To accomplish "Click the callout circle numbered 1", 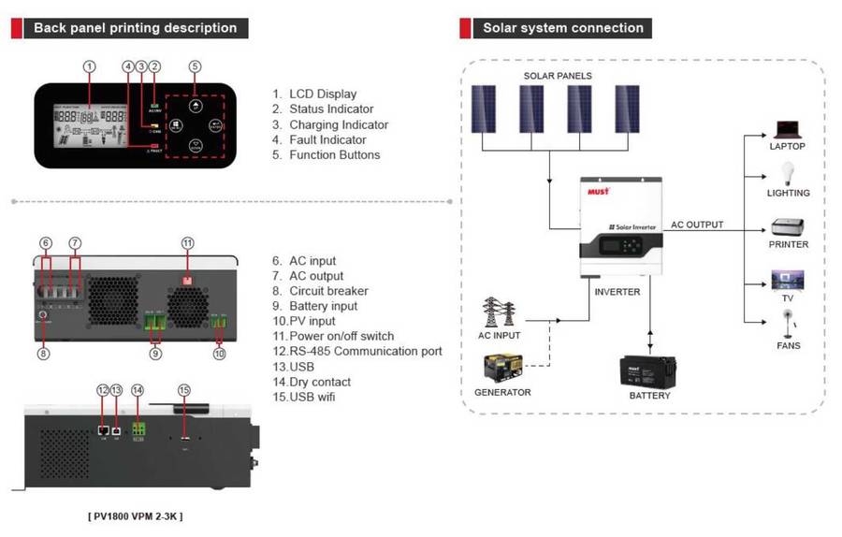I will pyautogui.click(x=89, y=66).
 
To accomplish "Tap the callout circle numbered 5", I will pyautogui.click(x=195, y=66).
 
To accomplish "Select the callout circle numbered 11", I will pyautogui.click(x=187, y=243).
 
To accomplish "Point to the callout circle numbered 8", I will pyautogui.click(x=43, y=354).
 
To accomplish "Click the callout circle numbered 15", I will pyautogui.click(x=183, y=389).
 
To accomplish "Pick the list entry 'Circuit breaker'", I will pyautogui.click(x=323, y=291).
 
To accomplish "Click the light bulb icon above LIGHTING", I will pyautogui.click(x=787, y=174).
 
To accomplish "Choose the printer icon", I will pyautogui.click(x=787, y=226).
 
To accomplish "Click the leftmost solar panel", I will pyautogui.click(x=484, y=110).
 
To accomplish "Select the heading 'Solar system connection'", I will pyautogui.click(x=563, y=28).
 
